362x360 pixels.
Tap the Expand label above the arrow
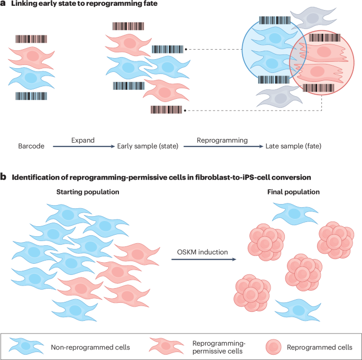(83, 141)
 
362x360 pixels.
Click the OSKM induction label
(202, 252)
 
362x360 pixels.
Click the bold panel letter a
(4, 5)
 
